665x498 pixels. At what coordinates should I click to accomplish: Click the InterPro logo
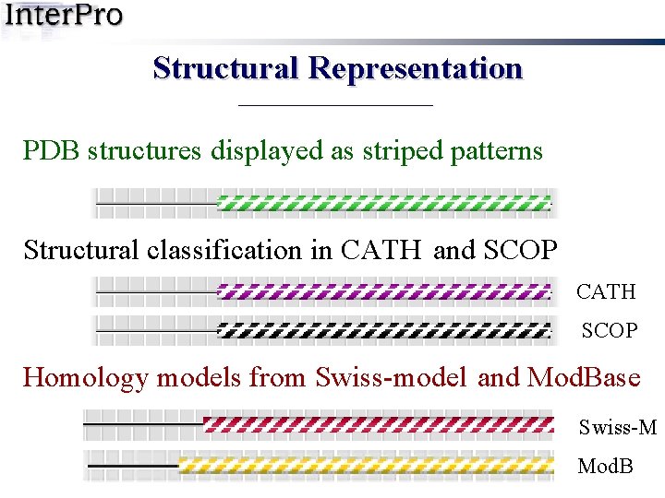pos(62,17)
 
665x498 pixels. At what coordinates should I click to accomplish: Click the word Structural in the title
pos(226,68)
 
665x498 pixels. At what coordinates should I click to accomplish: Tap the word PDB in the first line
pos(52,150)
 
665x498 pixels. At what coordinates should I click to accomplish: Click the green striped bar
pos(382,204)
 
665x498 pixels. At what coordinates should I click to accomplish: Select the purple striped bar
pos(382,292)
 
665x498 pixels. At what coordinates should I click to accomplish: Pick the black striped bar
pos(382,329)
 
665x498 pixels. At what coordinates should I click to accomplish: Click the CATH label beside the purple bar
pos(607,292)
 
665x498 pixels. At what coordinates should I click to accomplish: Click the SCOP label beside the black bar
pos(610,330)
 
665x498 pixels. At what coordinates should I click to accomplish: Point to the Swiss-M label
pos(618,427)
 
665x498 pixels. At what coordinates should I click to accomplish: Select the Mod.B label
pos(606,467)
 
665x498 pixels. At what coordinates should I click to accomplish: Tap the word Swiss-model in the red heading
pos(391,378)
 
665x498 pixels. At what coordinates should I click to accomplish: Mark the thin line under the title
pos(335,106)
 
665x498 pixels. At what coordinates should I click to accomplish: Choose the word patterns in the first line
pos(498,150)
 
